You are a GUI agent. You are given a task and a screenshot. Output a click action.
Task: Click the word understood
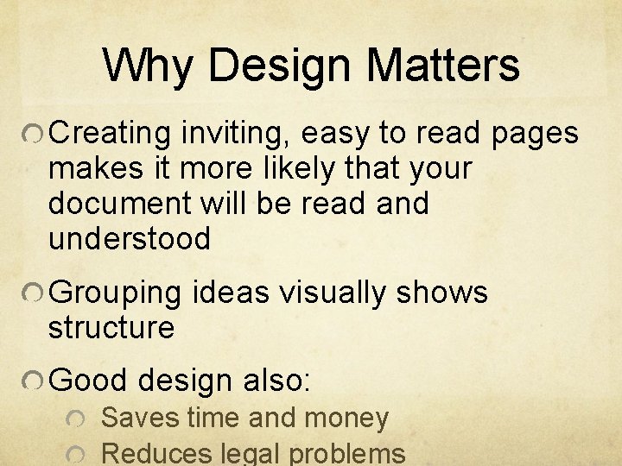pos(130,239)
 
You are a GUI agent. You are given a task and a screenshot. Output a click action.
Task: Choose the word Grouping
pos(116,293)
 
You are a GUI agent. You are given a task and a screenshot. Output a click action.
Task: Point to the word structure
pos(111,328)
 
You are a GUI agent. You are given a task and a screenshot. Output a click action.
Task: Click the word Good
pos(89,380)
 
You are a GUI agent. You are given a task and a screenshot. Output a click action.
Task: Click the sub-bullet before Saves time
pos(75,419)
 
